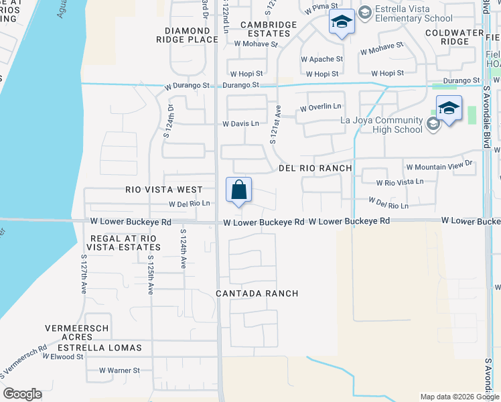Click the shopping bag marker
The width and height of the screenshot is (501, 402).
pos(239,190)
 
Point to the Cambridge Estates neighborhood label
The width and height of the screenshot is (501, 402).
pos(269,29)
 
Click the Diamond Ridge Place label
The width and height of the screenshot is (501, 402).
pos(192,35)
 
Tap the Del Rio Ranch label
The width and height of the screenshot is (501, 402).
pos(311,168)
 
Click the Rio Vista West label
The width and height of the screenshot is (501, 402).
pos(164,190)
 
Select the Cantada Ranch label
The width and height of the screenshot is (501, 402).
pos(257,293)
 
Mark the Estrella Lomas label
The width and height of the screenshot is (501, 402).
pos(100,348)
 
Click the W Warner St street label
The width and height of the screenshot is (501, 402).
pos(119,370)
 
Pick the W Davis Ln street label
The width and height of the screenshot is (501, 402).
pos(240,124)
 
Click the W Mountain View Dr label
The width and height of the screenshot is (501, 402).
pos(439,163)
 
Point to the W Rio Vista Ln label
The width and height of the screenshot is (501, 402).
pos(400,182)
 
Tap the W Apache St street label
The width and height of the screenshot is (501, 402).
pos(321,59)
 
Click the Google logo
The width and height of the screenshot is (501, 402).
pos(22,394)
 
